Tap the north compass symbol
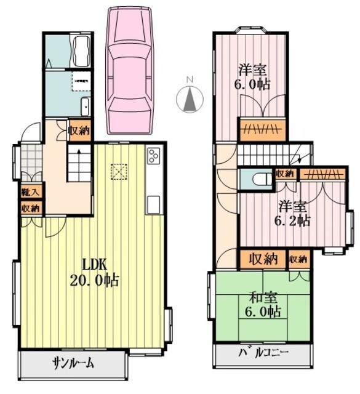190,97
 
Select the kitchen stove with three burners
153,157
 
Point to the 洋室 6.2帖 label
293,213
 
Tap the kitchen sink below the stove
153,203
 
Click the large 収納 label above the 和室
263,259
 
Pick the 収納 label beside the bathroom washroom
79,130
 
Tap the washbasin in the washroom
86,104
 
